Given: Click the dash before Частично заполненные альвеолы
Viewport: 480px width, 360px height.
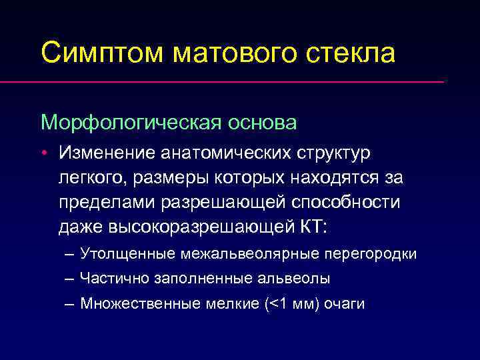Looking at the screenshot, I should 70,279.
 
